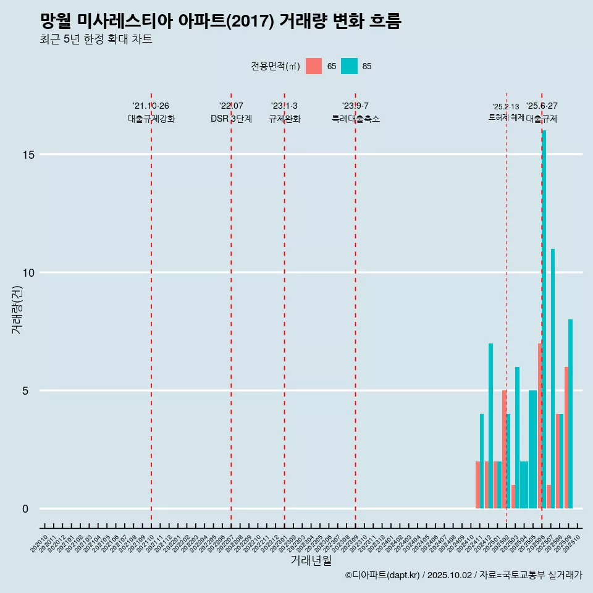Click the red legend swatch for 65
click(314, 66)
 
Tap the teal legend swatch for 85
click(349, 66)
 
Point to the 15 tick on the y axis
click(29, 154)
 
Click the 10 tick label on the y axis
click(29, 272)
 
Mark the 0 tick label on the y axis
click(26, 508)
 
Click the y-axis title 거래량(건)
click(17, 310)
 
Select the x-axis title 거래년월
click(311, 561)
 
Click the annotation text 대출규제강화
click(151, 119)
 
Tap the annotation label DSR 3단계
click(231, 119)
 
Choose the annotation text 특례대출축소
click(355, 119)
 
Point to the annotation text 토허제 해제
click(506, 117)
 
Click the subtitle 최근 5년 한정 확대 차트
click(96, 40)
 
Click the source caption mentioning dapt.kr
click(463, 575)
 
